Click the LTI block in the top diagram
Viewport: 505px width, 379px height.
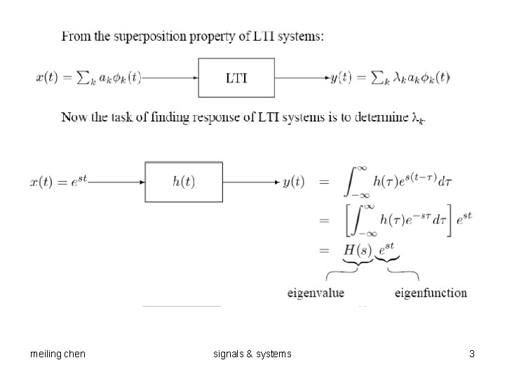tap(236, 77)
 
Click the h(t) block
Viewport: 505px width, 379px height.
tap(184, 182)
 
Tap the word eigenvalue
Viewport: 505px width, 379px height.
tap(316, 293)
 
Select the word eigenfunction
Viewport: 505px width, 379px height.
tap(431, 293)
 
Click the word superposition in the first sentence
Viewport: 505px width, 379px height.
tap(149, 36)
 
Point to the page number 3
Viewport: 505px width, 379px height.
tap(472, 354)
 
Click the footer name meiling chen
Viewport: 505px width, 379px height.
tap(58, 354)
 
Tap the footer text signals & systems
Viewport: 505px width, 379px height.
tap(252, 354)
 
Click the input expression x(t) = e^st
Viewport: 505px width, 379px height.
tap(60, 182)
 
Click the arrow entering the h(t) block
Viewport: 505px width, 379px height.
tap(118, 182)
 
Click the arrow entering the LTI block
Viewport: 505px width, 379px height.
tap(170, 78)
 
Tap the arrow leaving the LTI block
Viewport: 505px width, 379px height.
tap(302, 78)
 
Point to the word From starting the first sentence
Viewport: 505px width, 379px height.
tap(76, 36)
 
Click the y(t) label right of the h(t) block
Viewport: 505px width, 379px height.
tap(293, 182)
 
